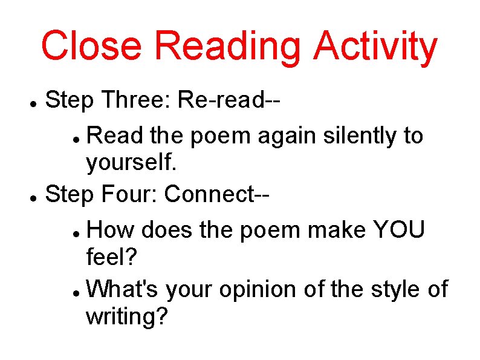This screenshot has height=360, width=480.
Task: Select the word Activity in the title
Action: pos(375,47)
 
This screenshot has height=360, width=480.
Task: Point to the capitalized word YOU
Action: pos(400,230)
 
